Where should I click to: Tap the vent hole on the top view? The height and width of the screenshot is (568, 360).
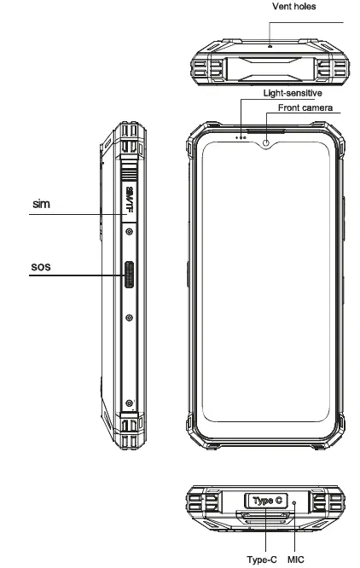[269, 44]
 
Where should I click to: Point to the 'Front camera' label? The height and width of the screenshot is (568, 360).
[305, 109]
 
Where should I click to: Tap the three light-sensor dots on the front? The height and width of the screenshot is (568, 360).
[241, 137]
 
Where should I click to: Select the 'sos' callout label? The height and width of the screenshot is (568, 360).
[42, 266]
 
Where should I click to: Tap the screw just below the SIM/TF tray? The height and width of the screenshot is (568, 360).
[128, 231]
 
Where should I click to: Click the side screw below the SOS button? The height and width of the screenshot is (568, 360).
[128, 318]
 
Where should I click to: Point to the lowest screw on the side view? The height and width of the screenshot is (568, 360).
[128, 403]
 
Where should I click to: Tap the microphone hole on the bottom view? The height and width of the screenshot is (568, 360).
[295, 504]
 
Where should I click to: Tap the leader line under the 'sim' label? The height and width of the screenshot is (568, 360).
[64, 214]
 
